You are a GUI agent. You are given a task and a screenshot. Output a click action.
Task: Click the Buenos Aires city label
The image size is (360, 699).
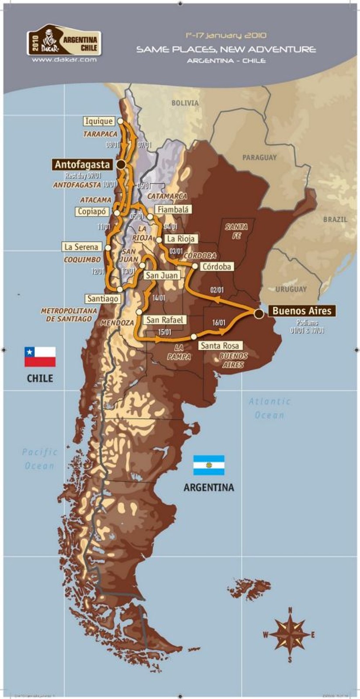[302, 311]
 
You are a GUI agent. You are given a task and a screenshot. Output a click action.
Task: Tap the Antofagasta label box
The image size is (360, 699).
[82, 165]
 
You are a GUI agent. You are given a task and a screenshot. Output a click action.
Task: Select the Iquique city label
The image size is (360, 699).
[99, 121]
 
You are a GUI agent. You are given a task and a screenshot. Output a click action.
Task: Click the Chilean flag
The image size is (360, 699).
[40, 356]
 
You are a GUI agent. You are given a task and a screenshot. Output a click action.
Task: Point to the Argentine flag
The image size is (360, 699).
[209, 465]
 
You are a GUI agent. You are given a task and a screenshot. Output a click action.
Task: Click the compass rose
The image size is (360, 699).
[289, 634]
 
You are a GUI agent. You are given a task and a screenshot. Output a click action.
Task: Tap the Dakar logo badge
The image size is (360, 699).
[64, 40]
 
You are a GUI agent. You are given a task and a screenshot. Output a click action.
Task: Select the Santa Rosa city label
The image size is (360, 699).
[220, 346]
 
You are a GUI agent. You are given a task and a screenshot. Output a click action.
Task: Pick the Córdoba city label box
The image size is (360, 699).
[217, 266]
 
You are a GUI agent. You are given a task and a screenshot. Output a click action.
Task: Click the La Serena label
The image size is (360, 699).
[81, 247]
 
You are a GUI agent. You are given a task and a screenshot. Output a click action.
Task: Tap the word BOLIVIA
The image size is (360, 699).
[185, 103]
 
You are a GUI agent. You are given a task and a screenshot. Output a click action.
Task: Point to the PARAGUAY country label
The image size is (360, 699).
[260, 157]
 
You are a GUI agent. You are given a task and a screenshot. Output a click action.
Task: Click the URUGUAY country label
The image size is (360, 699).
[291, 289]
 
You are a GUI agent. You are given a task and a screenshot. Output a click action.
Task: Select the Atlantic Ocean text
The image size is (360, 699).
[270, 408]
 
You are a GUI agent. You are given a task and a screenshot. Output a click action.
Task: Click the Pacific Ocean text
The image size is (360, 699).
[40, 459]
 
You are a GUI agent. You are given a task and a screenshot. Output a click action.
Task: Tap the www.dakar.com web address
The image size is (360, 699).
[64, 60]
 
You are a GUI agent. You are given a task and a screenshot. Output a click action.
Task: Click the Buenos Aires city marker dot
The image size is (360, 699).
[259, 313]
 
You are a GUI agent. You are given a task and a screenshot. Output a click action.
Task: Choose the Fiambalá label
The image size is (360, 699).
[173, 210]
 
